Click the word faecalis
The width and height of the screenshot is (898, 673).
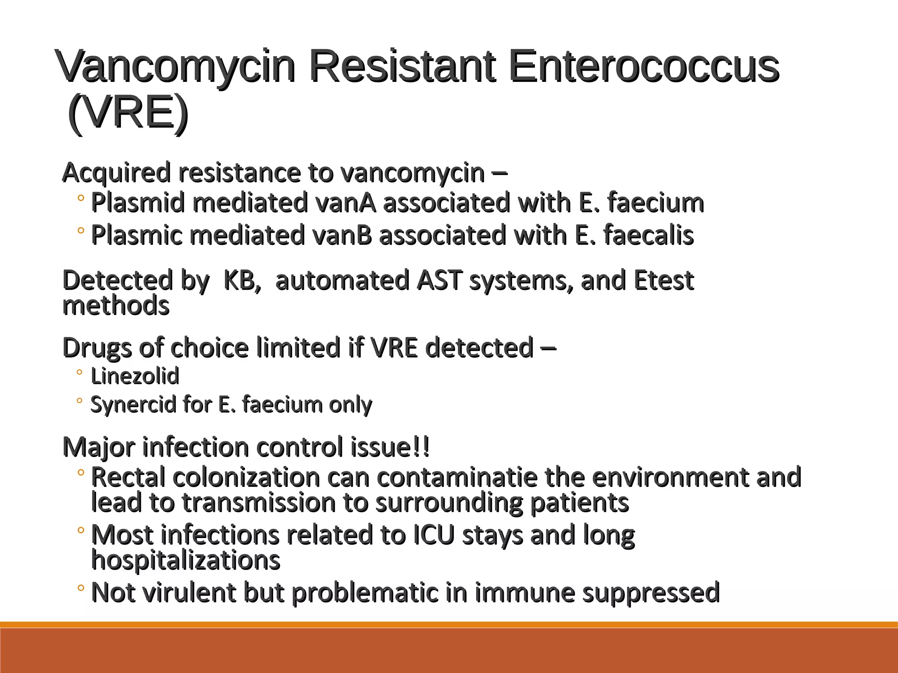coord(649,235)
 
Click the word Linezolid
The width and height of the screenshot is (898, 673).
coord(135,376)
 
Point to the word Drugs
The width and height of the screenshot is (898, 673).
coord(97,348)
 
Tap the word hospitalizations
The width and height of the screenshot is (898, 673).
coord(185,560)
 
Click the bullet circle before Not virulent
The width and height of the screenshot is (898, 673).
coord(80,588)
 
